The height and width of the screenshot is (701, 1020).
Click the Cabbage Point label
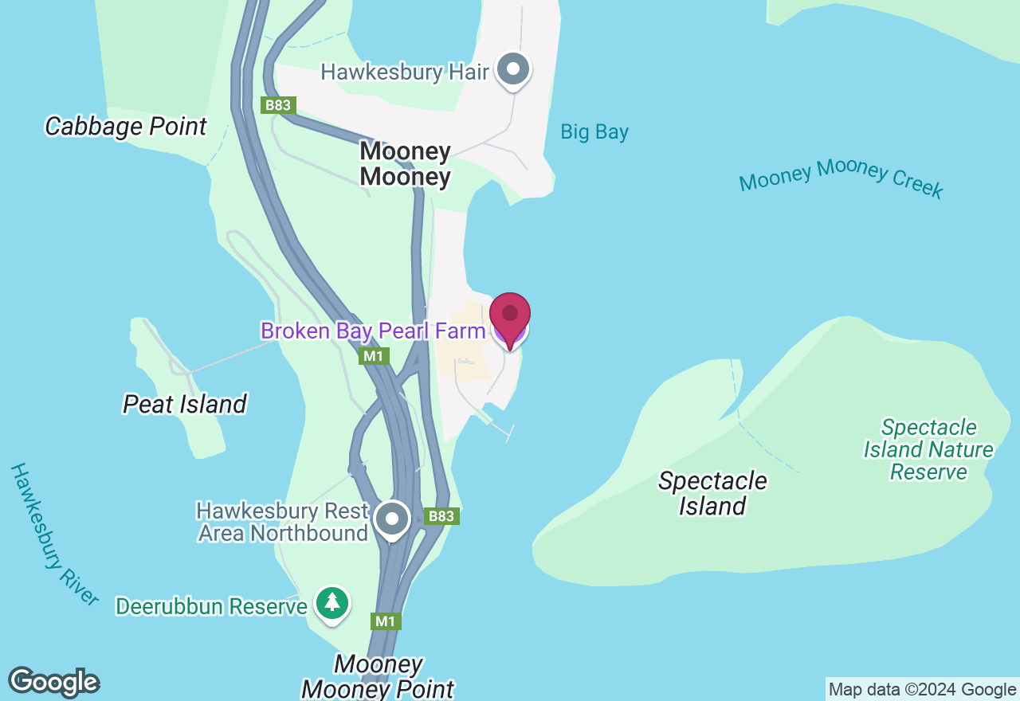pyautogui.click(x=126, y=126)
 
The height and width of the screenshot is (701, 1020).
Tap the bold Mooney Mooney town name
pyautogui.click(x=405, y=163)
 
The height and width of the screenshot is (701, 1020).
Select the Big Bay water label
pyautogui.click(x=594, y=132)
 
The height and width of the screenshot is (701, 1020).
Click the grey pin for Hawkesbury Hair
pyautogui.click(x=513, y=70)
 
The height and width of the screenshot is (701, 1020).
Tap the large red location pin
pyautogui.click(x=510, y=318)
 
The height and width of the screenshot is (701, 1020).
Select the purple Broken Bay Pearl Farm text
pyautogui.click(x=373, y=331)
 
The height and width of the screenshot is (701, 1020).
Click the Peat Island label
pyautogui.click(x=185, y=404)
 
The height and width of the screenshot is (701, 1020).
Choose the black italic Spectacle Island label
pyautogui.click(x=712, y=493)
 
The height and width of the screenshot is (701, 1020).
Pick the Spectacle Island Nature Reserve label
pyautogui.click(x=928, y=450)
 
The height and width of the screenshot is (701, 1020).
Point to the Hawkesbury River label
pyautogui.click(x=54, y=534)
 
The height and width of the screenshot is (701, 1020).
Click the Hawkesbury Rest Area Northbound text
pyautogui.click(x=283, y=522)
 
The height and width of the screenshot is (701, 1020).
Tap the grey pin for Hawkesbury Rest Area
pyautogui.click(x=392, y=519)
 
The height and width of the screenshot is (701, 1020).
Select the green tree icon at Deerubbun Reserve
pyautogui.click(x=331, y=604)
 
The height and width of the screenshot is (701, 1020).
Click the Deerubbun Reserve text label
pyautogui.click(x=211, y=606)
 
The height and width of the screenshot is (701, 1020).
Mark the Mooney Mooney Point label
pyautogui.click(x=378, y=676)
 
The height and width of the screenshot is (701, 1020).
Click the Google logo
pyautogui.click(x=53, y=682)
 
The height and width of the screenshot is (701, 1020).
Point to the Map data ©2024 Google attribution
pyautogui.click(x=922, y=690)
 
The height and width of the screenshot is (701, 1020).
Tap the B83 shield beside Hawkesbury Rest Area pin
pyautogui.click(x=441, y=516)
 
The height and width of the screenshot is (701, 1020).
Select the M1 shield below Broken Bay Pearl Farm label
pyautogui.click(x=374, y=356)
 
